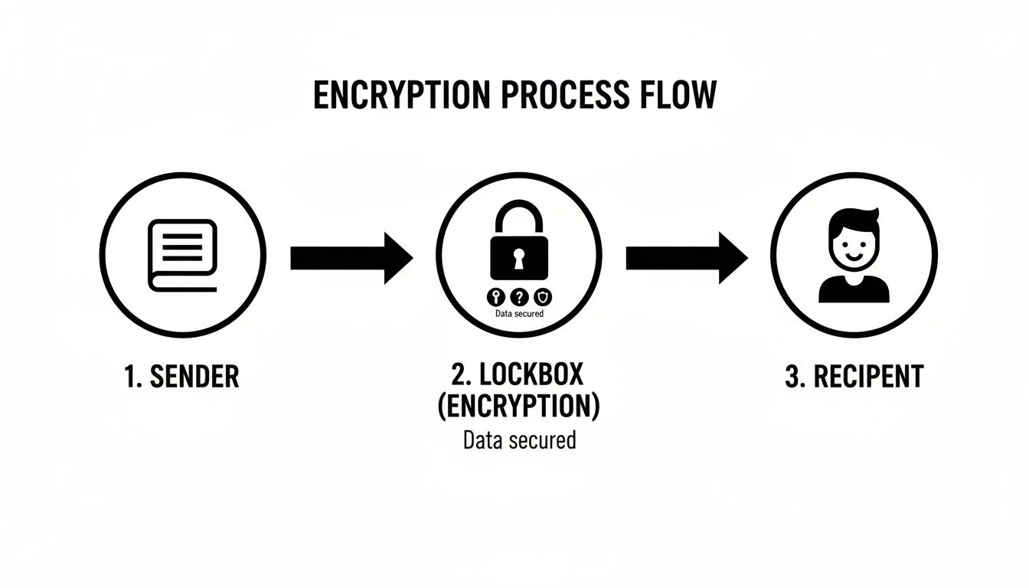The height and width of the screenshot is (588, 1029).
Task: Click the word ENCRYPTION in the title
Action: [401, 95]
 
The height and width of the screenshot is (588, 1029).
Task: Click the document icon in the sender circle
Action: [183, 254]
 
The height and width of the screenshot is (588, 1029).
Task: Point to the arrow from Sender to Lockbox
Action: [351, 258]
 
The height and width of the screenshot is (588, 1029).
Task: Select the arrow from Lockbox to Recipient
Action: [686, 258]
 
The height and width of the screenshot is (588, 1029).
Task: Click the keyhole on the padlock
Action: [519, 258]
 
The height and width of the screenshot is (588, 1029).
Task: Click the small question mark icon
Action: [519, 297]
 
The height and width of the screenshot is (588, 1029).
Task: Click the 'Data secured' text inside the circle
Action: [519, 313]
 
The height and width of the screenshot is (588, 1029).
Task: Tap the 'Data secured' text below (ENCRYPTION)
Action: [519, 440]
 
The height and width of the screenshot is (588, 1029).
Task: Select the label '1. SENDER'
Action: [181, 377]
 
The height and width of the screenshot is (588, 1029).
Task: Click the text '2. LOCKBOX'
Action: [518, 374]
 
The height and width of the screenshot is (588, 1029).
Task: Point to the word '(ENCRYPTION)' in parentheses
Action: [518, 407]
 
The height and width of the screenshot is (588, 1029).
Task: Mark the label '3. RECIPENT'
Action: [854, 377]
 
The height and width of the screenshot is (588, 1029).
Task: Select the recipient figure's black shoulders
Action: [854, 290]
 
